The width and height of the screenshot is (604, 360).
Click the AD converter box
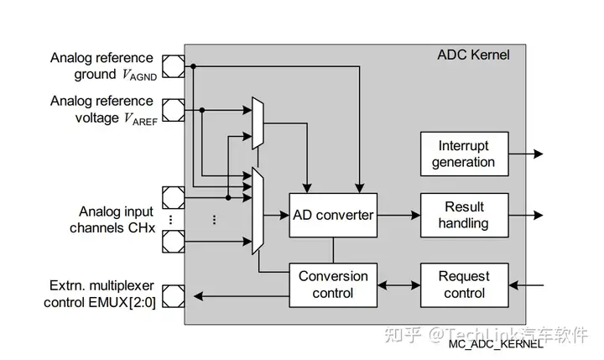333,215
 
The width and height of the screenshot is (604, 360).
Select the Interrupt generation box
464,154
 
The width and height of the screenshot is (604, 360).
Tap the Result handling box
464,215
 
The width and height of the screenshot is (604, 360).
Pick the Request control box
464,284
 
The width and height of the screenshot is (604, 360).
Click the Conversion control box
333,284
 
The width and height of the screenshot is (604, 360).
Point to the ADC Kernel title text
473,55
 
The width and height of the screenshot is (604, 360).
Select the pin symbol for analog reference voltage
173,109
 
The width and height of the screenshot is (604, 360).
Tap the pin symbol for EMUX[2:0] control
173,295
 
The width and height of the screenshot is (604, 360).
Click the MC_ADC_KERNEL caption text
495,344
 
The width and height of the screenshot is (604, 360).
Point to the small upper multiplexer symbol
258,118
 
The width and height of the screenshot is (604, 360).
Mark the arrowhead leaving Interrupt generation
538,154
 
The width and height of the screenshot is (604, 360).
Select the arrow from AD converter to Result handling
398,215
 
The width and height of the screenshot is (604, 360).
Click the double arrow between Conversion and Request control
398,284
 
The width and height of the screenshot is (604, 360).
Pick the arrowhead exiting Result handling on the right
538,215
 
